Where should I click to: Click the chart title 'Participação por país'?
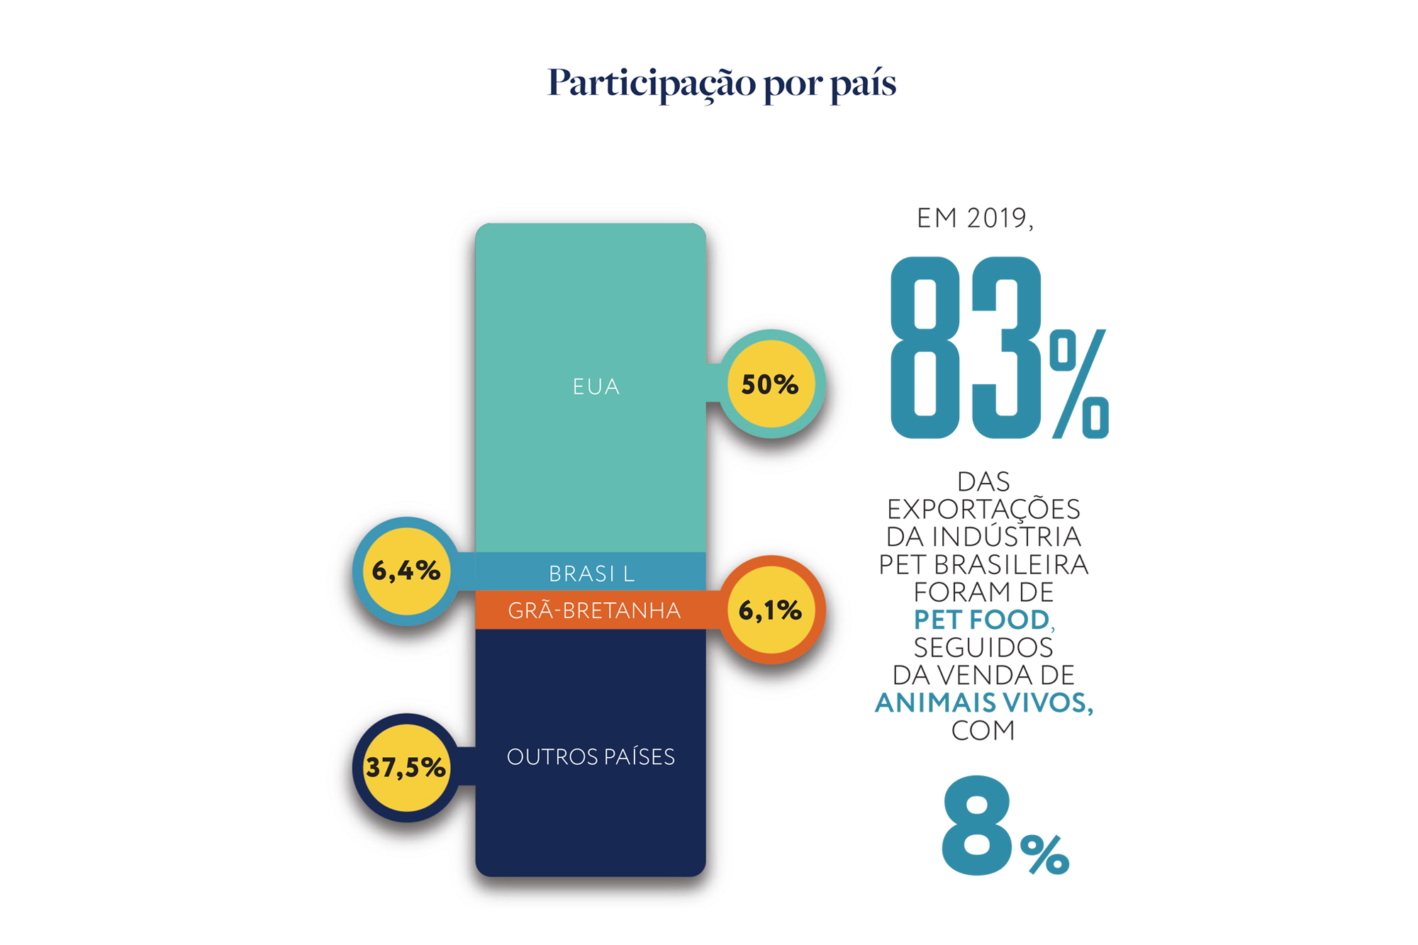tap(721, 83)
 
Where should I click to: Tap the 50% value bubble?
tap(770, 384)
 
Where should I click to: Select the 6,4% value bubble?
tap(406, 571)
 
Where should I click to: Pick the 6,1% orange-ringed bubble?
tap(771, 610)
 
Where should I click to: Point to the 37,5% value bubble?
tap(406, 767)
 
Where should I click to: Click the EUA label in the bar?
tap(596, 387)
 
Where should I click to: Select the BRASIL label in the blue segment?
tap(591, 574)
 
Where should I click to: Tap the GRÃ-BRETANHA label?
tap(594, 610)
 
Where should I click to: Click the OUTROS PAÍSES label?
tap(591, 757)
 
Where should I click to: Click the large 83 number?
tap(964, 347)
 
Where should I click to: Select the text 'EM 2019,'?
tap(975, 218)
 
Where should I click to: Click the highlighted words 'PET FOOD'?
tap(981, 620)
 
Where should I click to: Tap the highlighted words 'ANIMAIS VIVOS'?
tap(983, 703)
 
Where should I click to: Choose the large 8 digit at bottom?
tap(976, 826)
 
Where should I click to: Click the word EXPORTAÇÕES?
tap(983, 509)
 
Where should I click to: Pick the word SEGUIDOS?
tap(983, 647)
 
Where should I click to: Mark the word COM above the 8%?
tap(983, 730)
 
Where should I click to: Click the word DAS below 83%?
tap(983, 482)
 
